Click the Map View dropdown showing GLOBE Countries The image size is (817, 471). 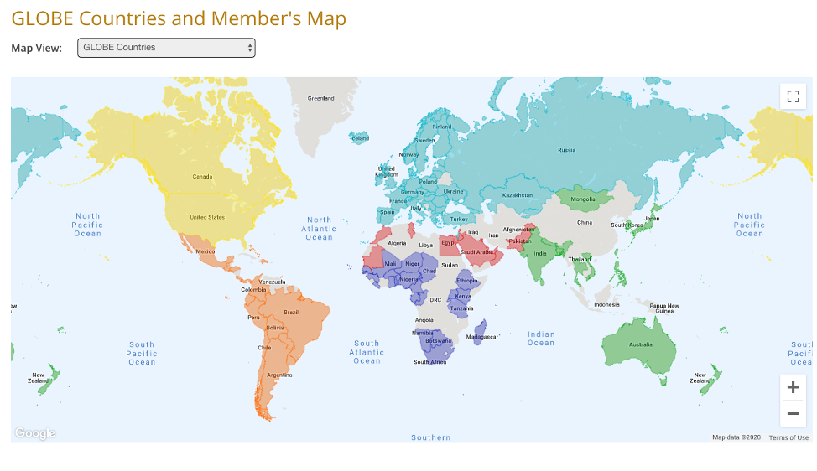click(166, 48)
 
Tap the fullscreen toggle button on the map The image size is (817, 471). click(793, 96)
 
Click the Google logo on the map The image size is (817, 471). click(35, 433)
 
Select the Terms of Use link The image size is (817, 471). click(788, 437)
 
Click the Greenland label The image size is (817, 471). click(320, 98)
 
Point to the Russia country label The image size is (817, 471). click(567, 151)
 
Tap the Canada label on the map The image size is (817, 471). click(202, 177)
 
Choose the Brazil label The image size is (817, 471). click(291, 312)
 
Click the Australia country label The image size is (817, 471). click(641, 344)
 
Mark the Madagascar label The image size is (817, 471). click(483, 336)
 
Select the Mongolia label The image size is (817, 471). click(583, 199)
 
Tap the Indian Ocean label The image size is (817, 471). click(541, 339)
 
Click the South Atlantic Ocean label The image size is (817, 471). click(367, 352)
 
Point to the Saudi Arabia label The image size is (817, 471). click(476, 251)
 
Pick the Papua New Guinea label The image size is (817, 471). click(664, 308)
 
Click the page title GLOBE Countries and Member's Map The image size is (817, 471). click(179, 18)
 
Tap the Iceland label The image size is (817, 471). click(360, 138)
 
